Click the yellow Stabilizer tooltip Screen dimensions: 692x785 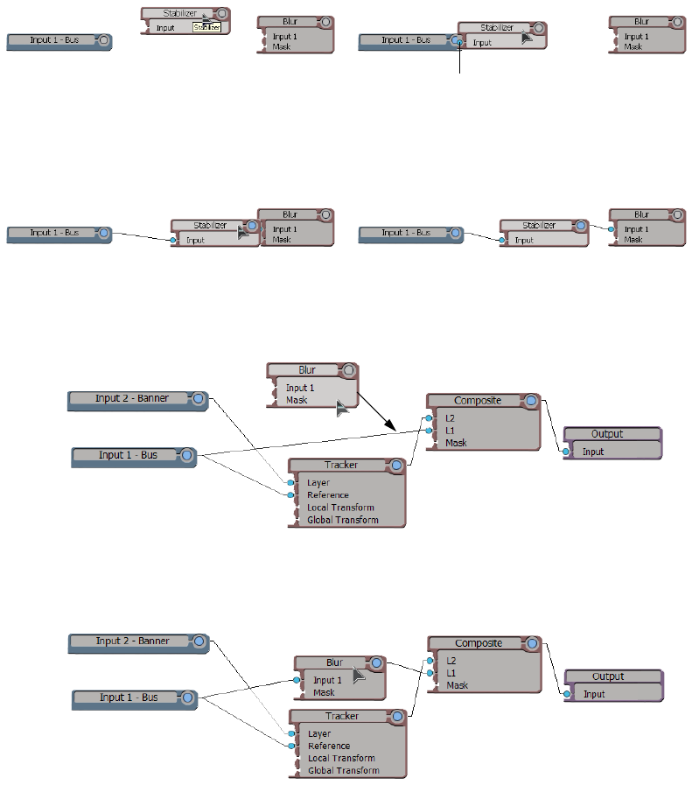click(x=206, y=28)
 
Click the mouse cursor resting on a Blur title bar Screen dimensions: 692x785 click(x=359, y=674)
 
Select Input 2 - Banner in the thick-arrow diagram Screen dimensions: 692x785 click(x=132, y=398)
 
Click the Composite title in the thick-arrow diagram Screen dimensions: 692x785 click(x=477, y=401)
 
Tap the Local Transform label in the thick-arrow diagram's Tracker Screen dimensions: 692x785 click(x=340, y=508)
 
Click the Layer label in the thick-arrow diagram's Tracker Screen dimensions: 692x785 click(x=318, y=483)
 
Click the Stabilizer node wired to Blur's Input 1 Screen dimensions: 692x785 click(x=539, y=226)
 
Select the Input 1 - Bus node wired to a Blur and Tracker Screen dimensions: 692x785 click(x=128, y=697)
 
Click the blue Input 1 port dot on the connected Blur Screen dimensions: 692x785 click(x=297, y=680)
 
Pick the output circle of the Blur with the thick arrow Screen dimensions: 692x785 click(x=349, y=370)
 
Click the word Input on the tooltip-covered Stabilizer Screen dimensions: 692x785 click(x=165, y=28)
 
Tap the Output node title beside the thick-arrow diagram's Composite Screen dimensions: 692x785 click(x=607, y=434)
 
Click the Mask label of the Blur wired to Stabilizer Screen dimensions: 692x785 click(x=633, y=239)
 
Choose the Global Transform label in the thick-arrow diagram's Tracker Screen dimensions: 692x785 click(x=343, y=520)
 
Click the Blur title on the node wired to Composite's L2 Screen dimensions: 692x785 click(x=334, y=662)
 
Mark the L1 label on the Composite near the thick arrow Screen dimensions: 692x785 click(x=451, y=431)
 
